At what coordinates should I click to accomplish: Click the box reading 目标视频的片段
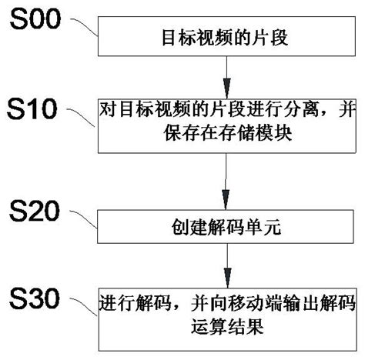(x=226, y=36)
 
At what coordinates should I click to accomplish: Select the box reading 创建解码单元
(x=226, y=228)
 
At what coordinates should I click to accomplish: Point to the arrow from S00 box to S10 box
(x=226, y=76)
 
